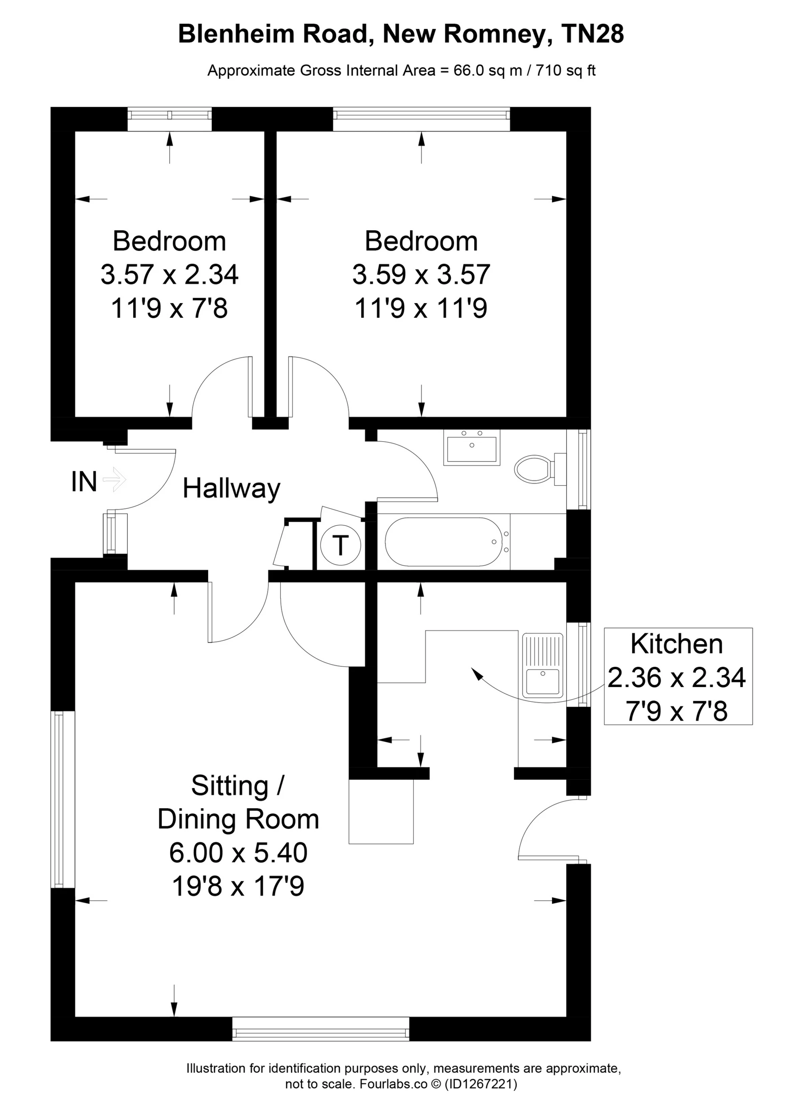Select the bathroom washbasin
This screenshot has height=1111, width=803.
pos(471,447)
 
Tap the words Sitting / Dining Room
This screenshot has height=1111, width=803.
pos(238,802)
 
